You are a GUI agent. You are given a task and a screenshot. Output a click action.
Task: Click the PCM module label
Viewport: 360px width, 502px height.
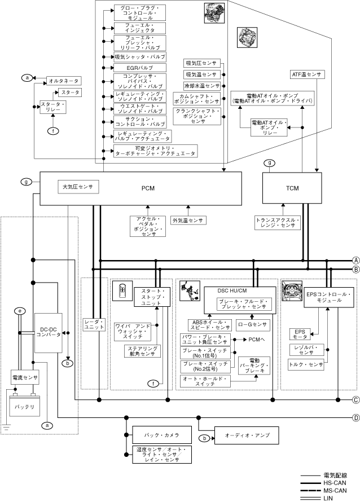pyautogui.click(x=148, y=188)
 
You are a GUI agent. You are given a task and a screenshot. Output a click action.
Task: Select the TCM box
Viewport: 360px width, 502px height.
pyautogui.click(x=292, y=188)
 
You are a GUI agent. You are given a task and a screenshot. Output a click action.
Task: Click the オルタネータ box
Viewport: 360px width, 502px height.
pyautogui.click(x=63, y=81)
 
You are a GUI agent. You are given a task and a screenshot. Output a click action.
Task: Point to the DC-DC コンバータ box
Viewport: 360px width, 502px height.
pyautogui.click(x=48, y=331)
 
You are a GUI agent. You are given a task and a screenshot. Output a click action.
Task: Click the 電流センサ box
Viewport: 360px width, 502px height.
pyautogui.click(x=25, y=376)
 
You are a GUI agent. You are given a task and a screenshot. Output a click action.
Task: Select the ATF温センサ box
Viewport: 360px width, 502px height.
pyautogui.click(x=306, y=74)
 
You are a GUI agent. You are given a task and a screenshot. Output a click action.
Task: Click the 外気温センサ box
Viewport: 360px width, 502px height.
pyautogui.click(x=188, y=221)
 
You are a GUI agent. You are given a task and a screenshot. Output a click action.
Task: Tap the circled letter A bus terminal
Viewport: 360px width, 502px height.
pyautogui.click(x=356, y=260)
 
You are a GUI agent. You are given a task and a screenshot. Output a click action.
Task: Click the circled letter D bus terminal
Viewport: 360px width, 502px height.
pyautogui.click(x=356, y=418)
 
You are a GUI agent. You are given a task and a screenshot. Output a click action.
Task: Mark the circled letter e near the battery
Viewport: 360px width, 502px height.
pyautogui.click(x=20, y=311)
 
